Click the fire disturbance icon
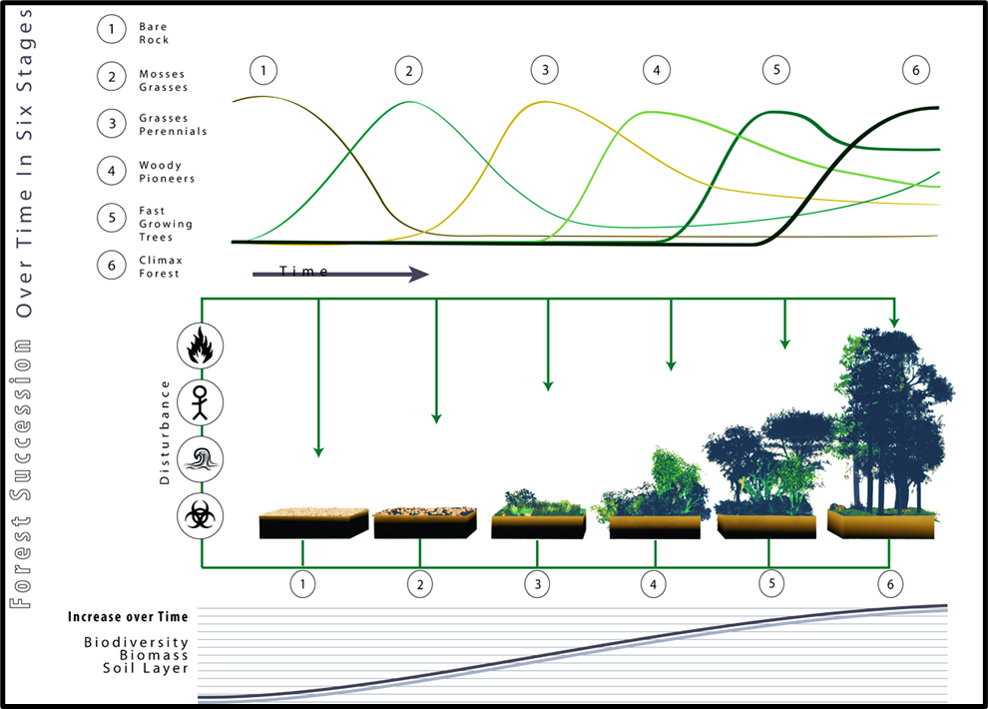200,347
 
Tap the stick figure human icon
200,403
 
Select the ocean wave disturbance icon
200,460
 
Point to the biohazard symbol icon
200,516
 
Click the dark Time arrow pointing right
339,273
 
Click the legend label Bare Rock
154,34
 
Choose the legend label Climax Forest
161,267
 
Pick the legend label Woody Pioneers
167,172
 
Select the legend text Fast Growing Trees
165,225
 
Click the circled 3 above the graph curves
545,71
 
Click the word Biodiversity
136,642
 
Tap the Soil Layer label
146,668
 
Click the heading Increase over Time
128,617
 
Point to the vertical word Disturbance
166,432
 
